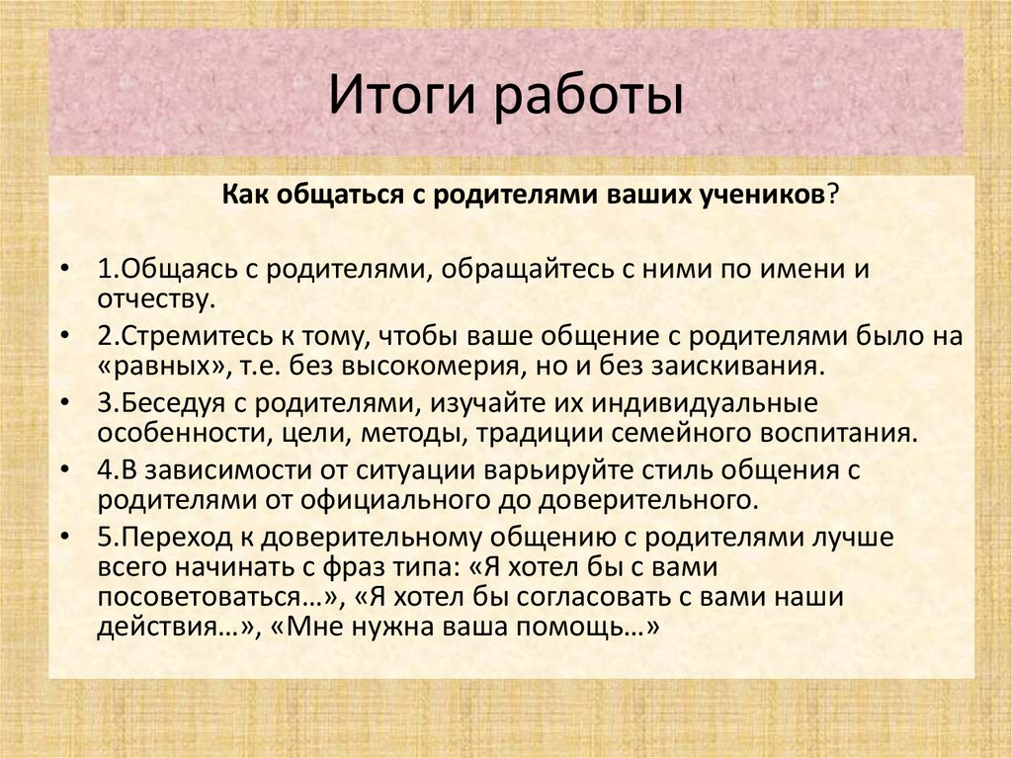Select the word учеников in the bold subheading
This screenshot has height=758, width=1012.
click(766, 194)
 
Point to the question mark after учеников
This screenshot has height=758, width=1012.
click(833, 194)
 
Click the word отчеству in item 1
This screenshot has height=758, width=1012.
click(154, 296)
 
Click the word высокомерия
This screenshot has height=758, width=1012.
click(449, 368)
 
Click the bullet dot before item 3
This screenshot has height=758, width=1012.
click(65, 404)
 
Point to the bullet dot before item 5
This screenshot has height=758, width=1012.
click(65, 539)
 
